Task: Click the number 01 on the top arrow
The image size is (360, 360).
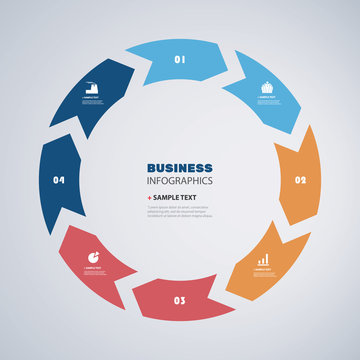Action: (180, 60)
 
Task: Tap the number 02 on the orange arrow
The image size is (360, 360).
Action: (300, 181)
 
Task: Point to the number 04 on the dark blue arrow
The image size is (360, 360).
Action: (59, 181)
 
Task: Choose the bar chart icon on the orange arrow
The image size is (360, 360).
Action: (262, 261)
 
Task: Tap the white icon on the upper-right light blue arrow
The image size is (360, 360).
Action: (267, 87)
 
